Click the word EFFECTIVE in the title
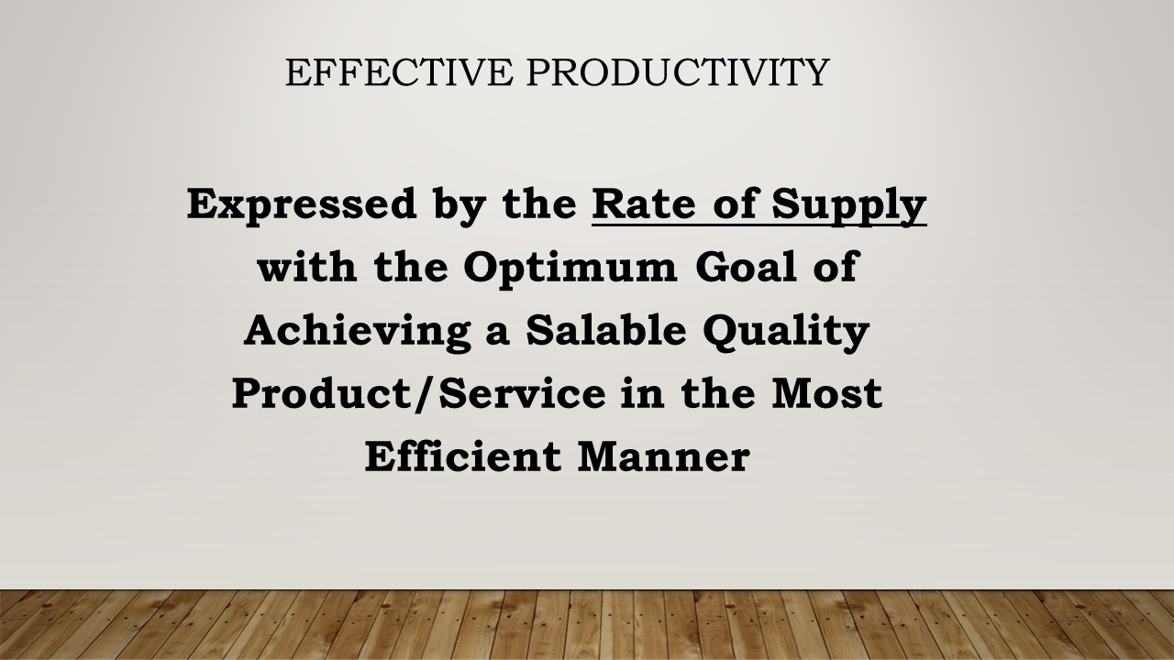(399, 71)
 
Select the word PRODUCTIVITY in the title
(678, 71)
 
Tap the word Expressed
(302, 205)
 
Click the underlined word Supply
(849, 206)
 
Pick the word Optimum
(570, 269)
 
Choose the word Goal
(747, 266)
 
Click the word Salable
(606, 329)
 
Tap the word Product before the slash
(324, 393)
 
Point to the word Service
(523, 393)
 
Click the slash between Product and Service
(427, 394)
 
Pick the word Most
(826, 393)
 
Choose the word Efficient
(463, 456)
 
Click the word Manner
(664, 456)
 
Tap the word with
(307, 266)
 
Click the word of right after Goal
(835, 266)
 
